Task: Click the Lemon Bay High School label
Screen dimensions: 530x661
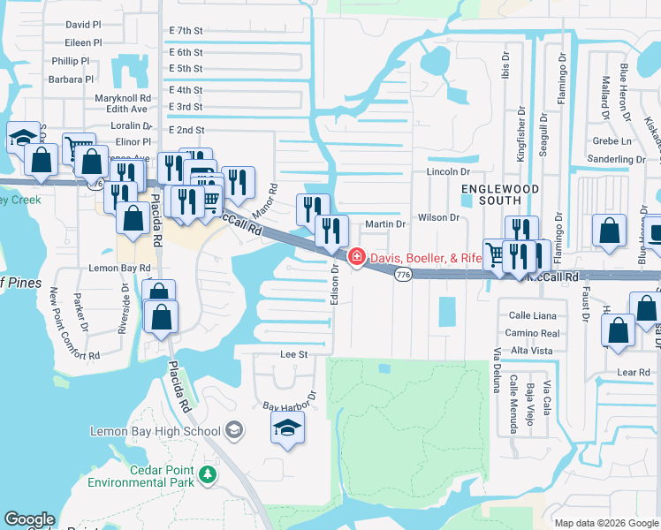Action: click(x=156, y=431)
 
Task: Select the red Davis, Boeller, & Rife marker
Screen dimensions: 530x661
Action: click(x=356, y=258)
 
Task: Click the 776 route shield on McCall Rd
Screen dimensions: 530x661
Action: click(x=403, y=276)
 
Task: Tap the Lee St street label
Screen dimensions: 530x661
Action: click(x=293, y=354)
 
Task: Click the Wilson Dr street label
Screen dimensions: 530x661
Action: click(x=438, y=217)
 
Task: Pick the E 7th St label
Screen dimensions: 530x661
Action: click(x=186, y=30)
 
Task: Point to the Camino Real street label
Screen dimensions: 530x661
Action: click(x=533, y=333)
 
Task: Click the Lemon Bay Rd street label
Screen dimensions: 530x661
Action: click(x=119, y=267)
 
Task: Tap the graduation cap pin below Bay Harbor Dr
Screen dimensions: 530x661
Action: click(x=287, y=429)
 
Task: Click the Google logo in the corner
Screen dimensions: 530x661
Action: click(x=29, y=519)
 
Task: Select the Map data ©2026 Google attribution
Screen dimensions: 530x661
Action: click(x=605, y=523)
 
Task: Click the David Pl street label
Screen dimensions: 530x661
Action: click(x=83, y=26)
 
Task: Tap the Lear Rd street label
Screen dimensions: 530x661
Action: click(x=633, y=373)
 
